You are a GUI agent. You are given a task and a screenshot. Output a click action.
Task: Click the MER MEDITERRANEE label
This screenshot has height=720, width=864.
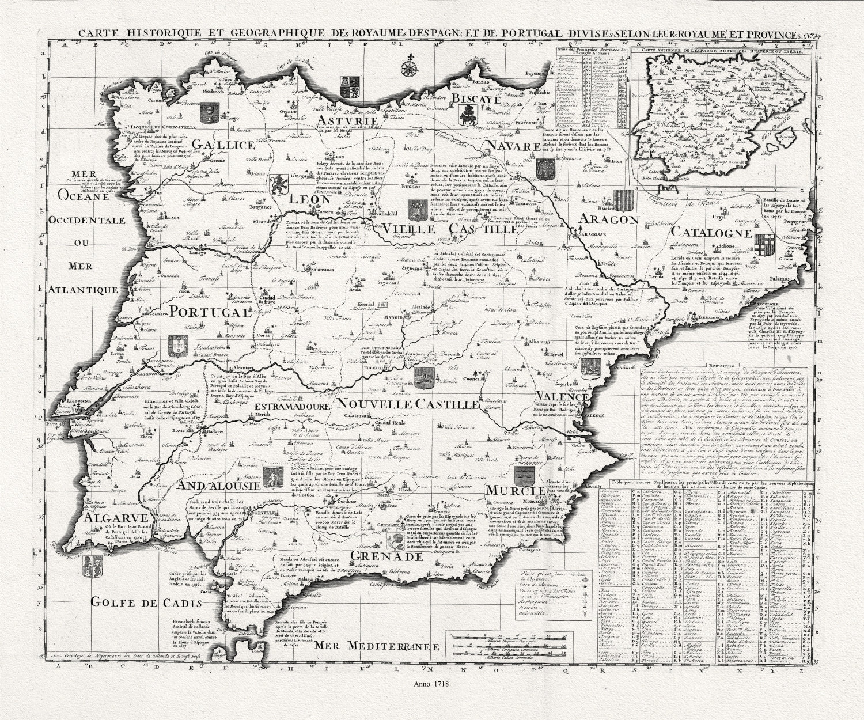373,646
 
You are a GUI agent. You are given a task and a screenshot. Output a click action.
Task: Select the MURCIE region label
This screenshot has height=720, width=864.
514,490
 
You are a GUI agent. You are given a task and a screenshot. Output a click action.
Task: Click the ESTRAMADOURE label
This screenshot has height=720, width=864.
291,406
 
